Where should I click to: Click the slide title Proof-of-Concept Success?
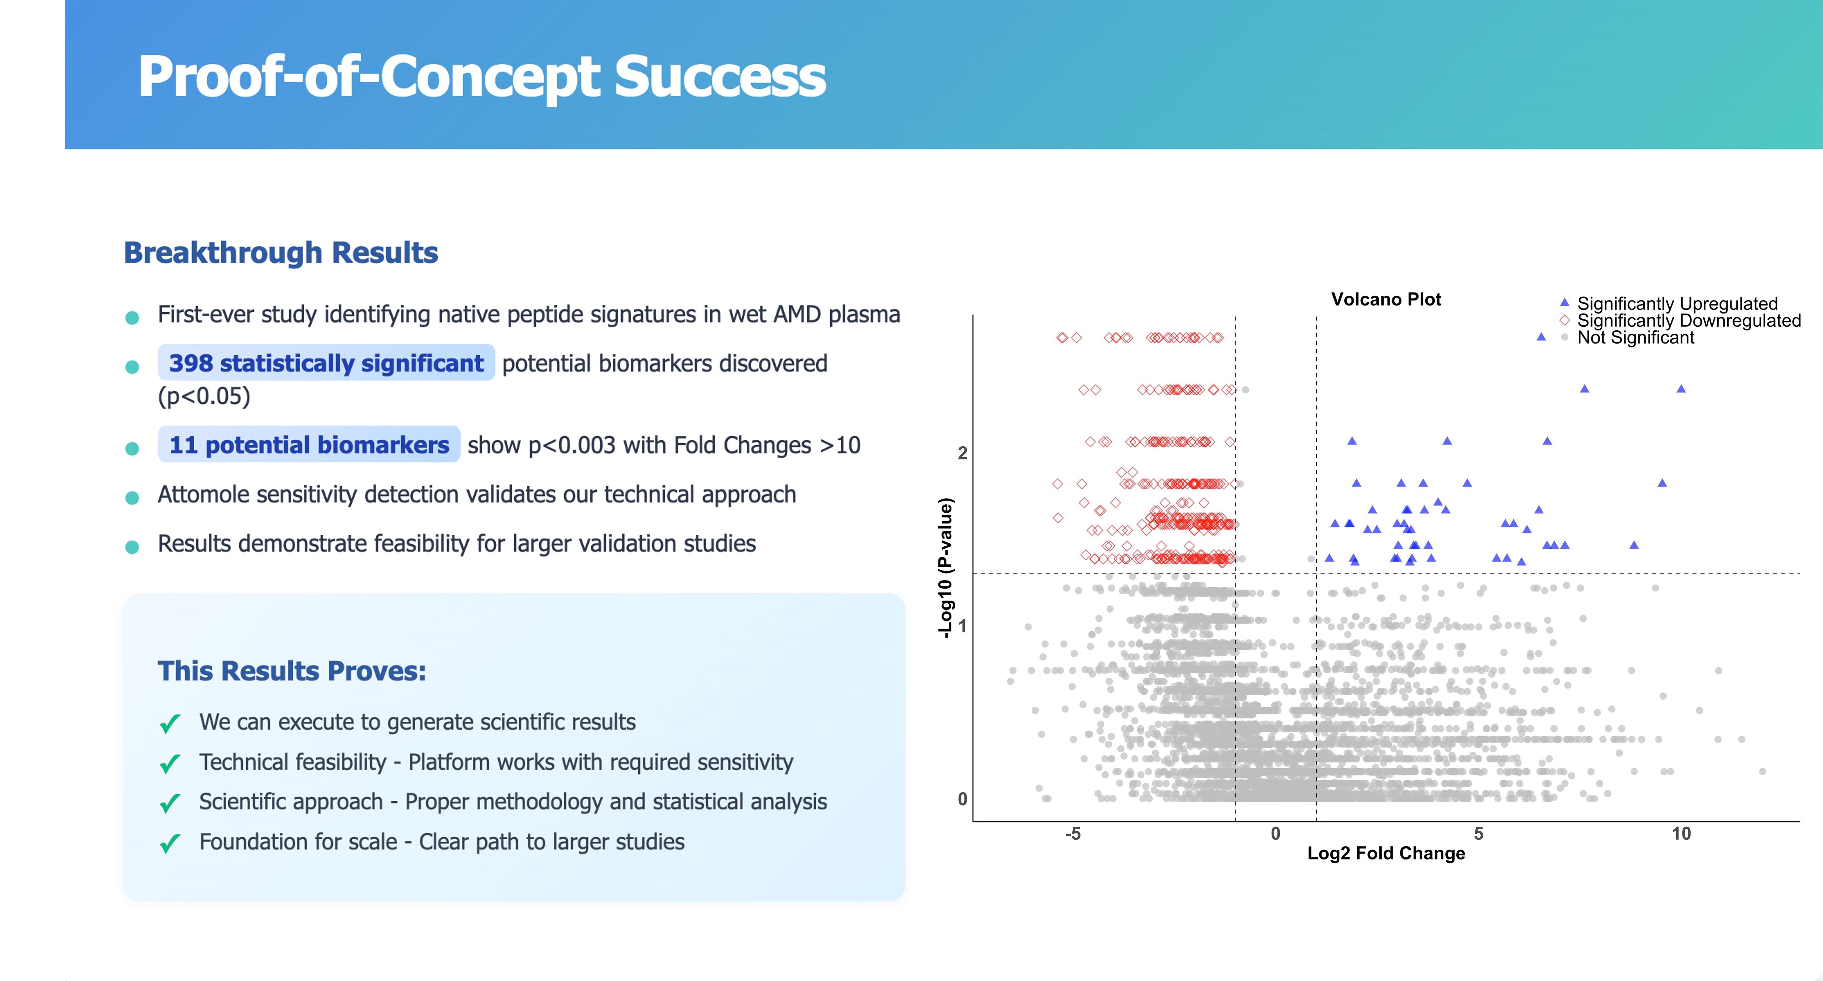point(481,76)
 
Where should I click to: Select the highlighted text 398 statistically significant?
point(325,363)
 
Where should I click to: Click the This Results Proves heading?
point(292,671)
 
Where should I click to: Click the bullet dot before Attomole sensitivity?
point(131,497)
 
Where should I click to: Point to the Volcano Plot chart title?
point(1386,299)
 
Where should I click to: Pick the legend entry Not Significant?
point(1635,337)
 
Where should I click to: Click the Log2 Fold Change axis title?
point(1386,853)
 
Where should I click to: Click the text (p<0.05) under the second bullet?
point(204,396)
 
